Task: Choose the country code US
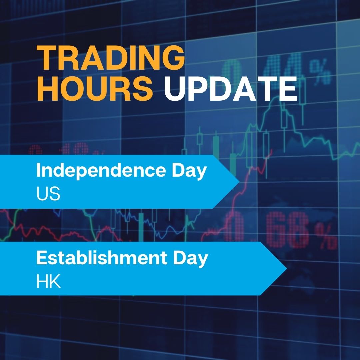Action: (x=48, y=194)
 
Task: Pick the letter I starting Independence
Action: (x=38, y=171)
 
